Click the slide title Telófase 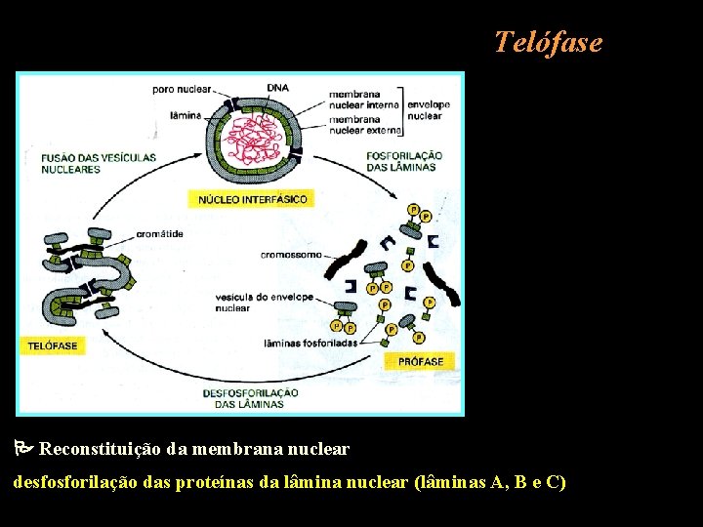548,43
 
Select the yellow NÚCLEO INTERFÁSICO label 253,199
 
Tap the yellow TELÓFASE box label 53,345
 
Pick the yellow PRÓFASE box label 421,361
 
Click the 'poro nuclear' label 180,90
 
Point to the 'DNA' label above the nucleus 277,88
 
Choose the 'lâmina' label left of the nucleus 186,115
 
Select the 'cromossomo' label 291,255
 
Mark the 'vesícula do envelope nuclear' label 266,303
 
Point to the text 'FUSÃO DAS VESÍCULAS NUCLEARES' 70,163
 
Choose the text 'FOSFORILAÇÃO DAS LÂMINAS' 405,161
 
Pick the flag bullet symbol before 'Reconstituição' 22,450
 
